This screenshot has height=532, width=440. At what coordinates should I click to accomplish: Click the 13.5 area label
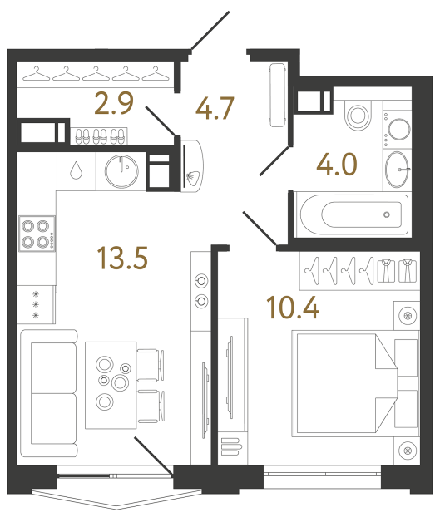point(122,259)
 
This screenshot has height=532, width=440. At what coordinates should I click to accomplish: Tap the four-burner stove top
point(37,233)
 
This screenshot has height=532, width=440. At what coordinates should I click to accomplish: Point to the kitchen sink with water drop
point(77,170)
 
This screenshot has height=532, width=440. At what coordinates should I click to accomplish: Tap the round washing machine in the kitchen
point(121,170)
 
